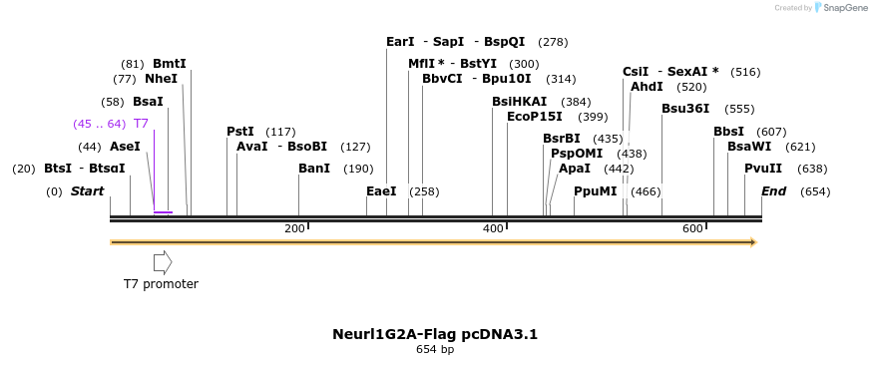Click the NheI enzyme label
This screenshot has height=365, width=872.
pos(161,79)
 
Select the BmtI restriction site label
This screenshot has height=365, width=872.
pos(170,64)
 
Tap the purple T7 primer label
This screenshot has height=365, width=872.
pos(141,124)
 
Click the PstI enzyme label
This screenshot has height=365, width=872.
pos(240,132)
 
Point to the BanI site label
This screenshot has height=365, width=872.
pos(314,169)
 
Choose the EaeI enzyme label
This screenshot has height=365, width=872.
pos(381,191)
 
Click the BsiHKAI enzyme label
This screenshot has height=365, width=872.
pos(520,102)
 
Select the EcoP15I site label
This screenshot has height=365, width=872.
pos(536,117)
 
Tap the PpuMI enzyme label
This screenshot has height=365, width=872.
pos(596,191)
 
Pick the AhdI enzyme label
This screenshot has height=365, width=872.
pos(647,87)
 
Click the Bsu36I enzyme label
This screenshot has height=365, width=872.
pos(685,109)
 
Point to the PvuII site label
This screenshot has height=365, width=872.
pos(763,169)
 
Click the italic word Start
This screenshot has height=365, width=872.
pos(87,191)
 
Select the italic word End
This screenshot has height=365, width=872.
pos(773,191)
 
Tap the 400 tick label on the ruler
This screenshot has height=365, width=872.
pos(493,229)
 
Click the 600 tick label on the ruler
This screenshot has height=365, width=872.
pos(692,229)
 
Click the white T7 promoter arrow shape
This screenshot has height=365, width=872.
pos(163,262)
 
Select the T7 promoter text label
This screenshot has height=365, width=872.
pos(161,284)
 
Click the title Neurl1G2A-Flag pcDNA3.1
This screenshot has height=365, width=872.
pos(435,334)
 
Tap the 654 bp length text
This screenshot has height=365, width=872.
pos(435,350)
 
